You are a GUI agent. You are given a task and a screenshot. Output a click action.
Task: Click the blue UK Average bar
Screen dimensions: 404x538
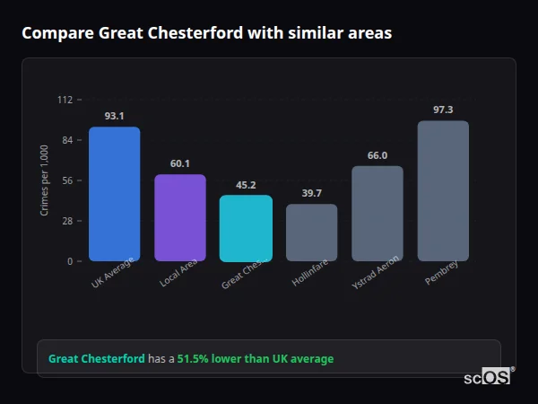coord(114,194)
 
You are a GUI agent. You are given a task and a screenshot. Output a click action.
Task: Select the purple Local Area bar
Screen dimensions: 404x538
coord(180,217)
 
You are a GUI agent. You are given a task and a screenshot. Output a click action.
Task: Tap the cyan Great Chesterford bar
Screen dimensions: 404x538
coord(246,228)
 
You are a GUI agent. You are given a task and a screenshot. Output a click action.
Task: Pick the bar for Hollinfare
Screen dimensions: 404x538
coord(312,233)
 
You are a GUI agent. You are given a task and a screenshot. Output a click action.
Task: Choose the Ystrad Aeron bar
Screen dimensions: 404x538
coord(377,214)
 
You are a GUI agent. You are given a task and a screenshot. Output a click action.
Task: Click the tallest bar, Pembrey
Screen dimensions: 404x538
coord(443,190)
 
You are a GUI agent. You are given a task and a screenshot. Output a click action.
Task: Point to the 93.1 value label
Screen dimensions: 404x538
coord(114,116)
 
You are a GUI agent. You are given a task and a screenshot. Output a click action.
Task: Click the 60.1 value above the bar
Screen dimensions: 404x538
coord(180,163)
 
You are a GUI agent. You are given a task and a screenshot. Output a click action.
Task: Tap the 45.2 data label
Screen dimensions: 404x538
coord(246,185)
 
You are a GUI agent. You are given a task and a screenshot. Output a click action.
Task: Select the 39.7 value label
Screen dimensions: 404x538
coord(312,193)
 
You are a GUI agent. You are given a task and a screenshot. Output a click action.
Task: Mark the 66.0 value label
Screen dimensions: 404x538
coord(377,155)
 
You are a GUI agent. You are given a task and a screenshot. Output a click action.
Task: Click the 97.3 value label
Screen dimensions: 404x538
coord(443,110)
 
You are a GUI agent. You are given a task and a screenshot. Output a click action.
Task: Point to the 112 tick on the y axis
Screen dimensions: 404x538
coord(65,100)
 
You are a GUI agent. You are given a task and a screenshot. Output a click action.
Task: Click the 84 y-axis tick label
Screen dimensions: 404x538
coord(67,140)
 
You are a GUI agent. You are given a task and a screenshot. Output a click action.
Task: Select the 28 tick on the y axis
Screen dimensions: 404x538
coord(67,221)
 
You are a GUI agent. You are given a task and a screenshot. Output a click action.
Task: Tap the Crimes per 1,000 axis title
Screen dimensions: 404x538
coord(44,180)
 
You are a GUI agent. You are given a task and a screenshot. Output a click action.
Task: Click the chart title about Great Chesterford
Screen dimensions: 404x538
coord(206,33)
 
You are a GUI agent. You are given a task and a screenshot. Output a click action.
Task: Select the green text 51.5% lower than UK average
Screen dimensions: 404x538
coord(255,359)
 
